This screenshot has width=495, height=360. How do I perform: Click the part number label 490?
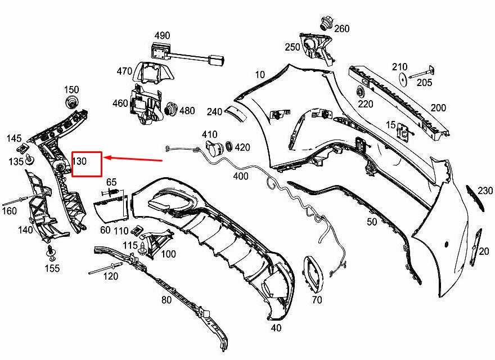162,35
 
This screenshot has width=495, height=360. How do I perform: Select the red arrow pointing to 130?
133,159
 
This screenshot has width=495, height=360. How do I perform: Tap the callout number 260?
342,29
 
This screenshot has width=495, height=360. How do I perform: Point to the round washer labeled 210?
403,79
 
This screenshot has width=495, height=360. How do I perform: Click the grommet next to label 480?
172,110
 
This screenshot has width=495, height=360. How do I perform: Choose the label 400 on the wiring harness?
241,176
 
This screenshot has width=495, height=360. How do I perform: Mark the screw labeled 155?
50,251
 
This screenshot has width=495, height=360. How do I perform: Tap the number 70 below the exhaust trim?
317,300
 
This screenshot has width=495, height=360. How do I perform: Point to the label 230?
485,191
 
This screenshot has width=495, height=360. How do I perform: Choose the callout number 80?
166,300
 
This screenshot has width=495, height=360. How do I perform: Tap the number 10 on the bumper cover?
259,74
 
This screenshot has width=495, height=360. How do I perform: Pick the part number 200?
438,108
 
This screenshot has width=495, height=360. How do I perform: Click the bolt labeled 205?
421,73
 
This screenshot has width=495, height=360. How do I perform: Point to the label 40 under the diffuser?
276,328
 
